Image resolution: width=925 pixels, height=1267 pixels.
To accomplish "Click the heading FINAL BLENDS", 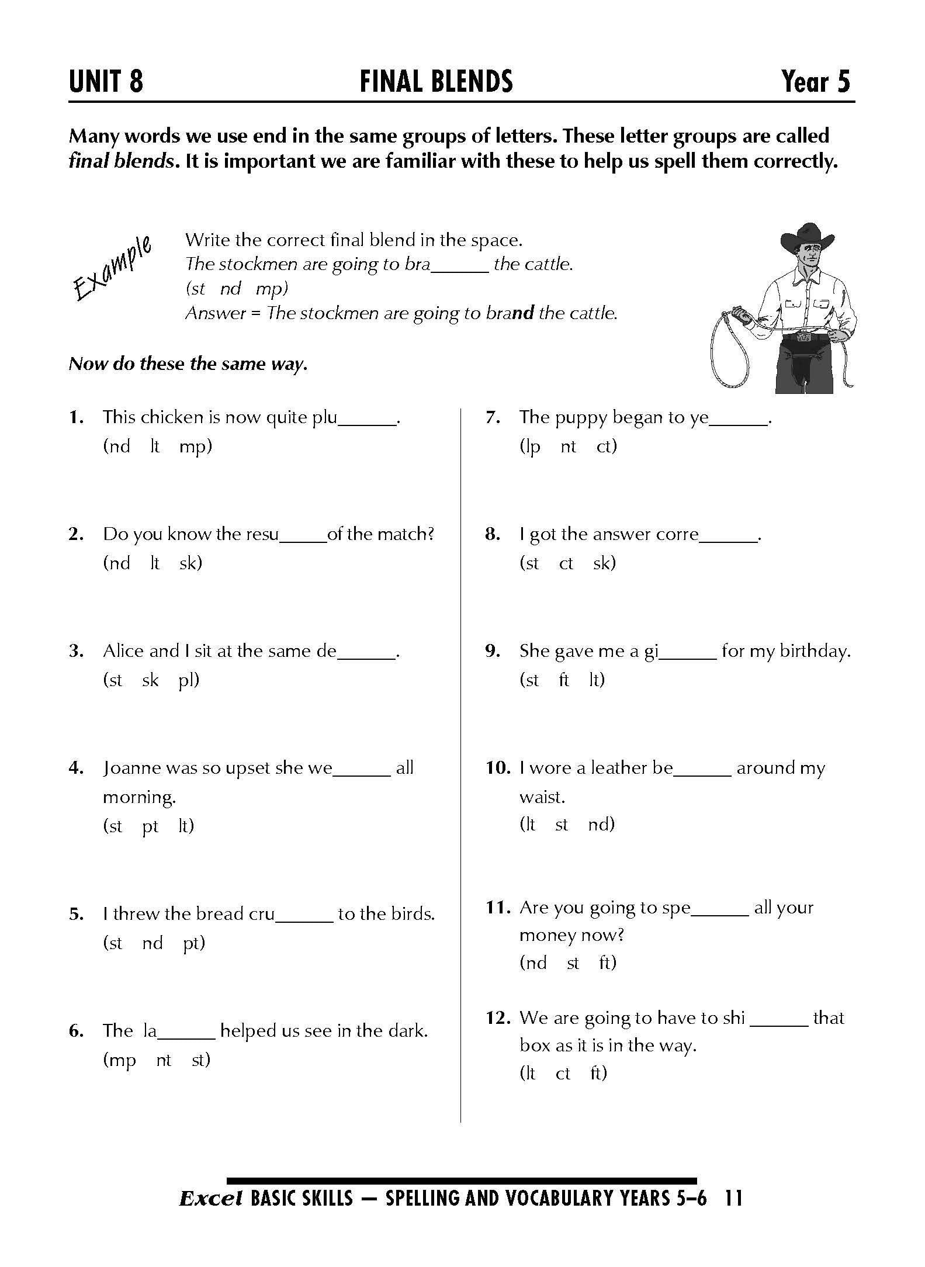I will (436, 82).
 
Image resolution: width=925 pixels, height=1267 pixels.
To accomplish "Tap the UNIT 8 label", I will (106, 82).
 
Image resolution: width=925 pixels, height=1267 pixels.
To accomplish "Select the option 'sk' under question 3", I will (150, 680).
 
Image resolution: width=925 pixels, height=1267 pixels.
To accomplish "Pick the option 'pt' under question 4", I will (150, 826).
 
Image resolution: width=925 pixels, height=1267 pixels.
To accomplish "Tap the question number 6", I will (76, 1031).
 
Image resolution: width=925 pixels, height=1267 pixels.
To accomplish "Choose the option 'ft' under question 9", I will (564, 680).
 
